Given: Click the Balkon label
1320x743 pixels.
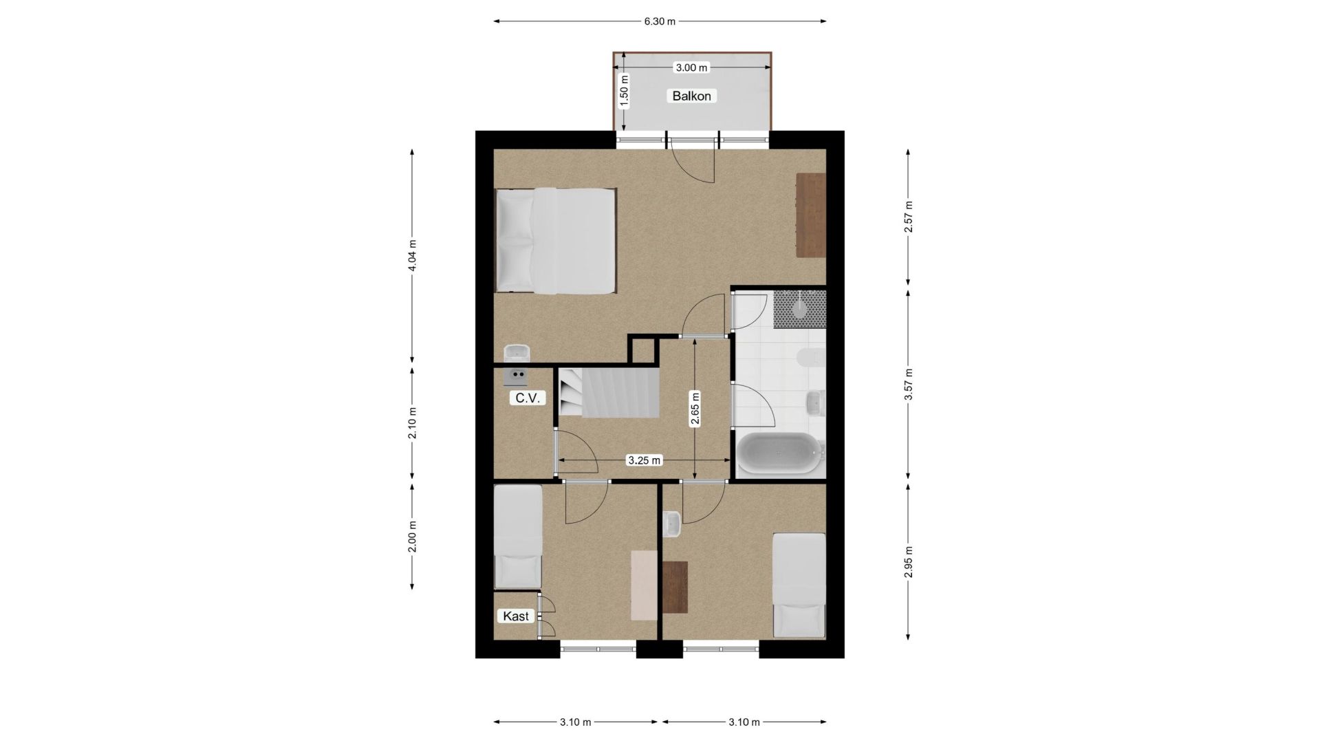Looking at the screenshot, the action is point(691,96).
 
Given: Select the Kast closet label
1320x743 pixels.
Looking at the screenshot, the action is point(515,616).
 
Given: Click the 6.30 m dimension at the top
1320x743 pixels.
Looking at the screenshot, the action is point(660,21).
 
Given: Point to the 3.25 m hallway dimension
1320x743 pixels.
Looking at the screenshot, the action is point(644,460).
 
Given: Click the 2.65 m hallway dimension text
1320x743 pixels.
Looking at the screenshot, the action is point(695,410).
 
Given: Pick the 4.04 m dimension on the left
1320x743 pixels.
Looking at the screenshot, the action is point(412,255).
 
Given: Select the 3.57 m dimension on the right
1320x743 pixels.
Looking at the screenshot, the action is point(908,384).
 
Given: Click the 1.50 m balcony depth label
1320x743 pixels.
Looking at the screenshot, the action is point(624,91).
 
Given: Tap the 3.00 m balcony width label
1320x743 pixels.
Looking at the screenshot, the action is point(691,67).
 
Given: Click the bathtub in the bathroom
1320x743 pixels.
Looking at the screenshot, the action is point(780,453).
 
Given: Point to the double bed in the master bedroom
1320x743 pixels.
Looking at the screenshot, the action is point(556,241).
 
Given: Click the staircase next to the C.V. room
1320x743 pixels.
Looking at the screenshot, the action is point(608,392).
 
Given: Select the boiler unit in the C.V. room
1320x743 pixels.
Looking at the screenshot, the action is point(516,376).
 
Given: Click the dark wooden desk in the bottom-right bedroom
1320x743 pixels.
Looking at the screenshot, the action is point(675,587).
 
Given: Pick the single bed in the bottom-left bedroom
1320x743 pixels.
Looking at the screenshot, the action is point(519,537).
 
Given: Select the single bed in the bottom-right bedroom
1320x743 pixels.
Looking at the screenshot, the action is point(799,585).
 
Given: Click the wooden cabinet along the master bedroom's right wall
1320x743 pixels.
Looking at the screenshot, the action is point(810,215).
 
